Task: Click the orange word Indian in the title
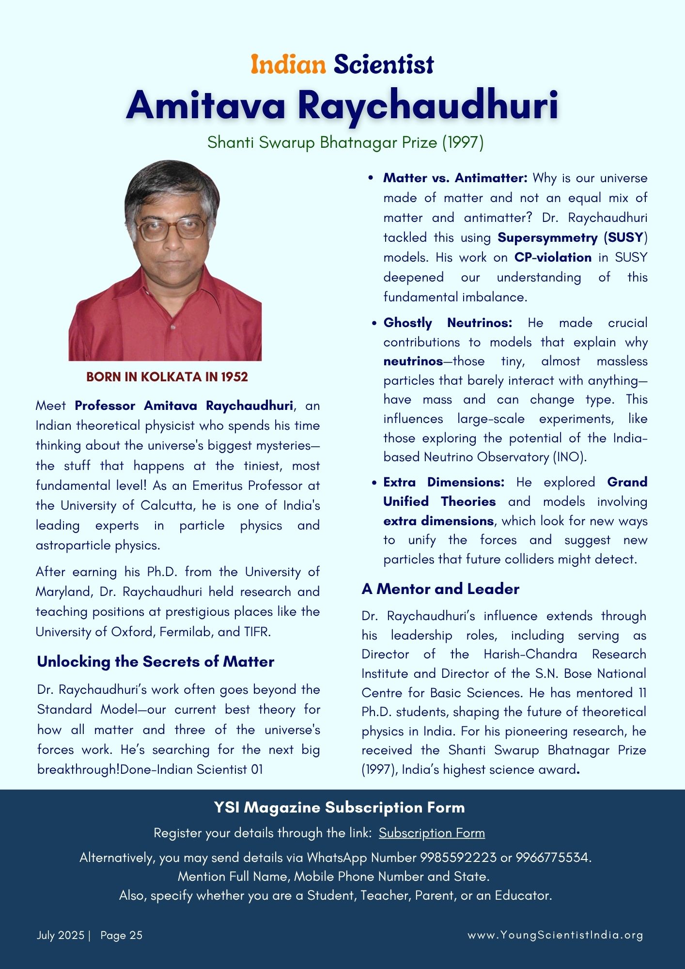(288, 64)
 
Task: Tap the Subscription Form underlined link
(432, 833)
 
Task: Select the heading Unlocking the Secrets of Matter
(156, 662)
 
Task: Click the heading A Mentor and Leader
(440, 589)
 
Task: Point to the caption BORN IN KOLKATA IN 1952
(167, 377)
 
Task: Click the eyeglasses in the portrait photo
(172, 229)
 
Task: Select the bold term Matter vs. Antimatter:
(455, 178)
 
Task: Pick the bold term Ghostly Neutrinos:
(448, 323)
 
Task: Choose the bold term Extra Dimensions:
(444, 482)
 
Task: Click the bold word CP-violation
(553, 257)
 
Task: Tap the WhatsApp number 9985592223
(458, 858)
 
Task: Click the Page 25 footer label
(121, 935)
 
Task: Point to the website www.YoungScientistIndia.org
(555, 935)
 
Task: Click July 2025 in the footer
(61, 935)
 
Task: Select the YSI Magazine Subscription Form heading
(339, 808)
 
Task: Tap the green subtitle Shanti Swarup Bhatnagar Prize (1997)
(345, 142)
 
